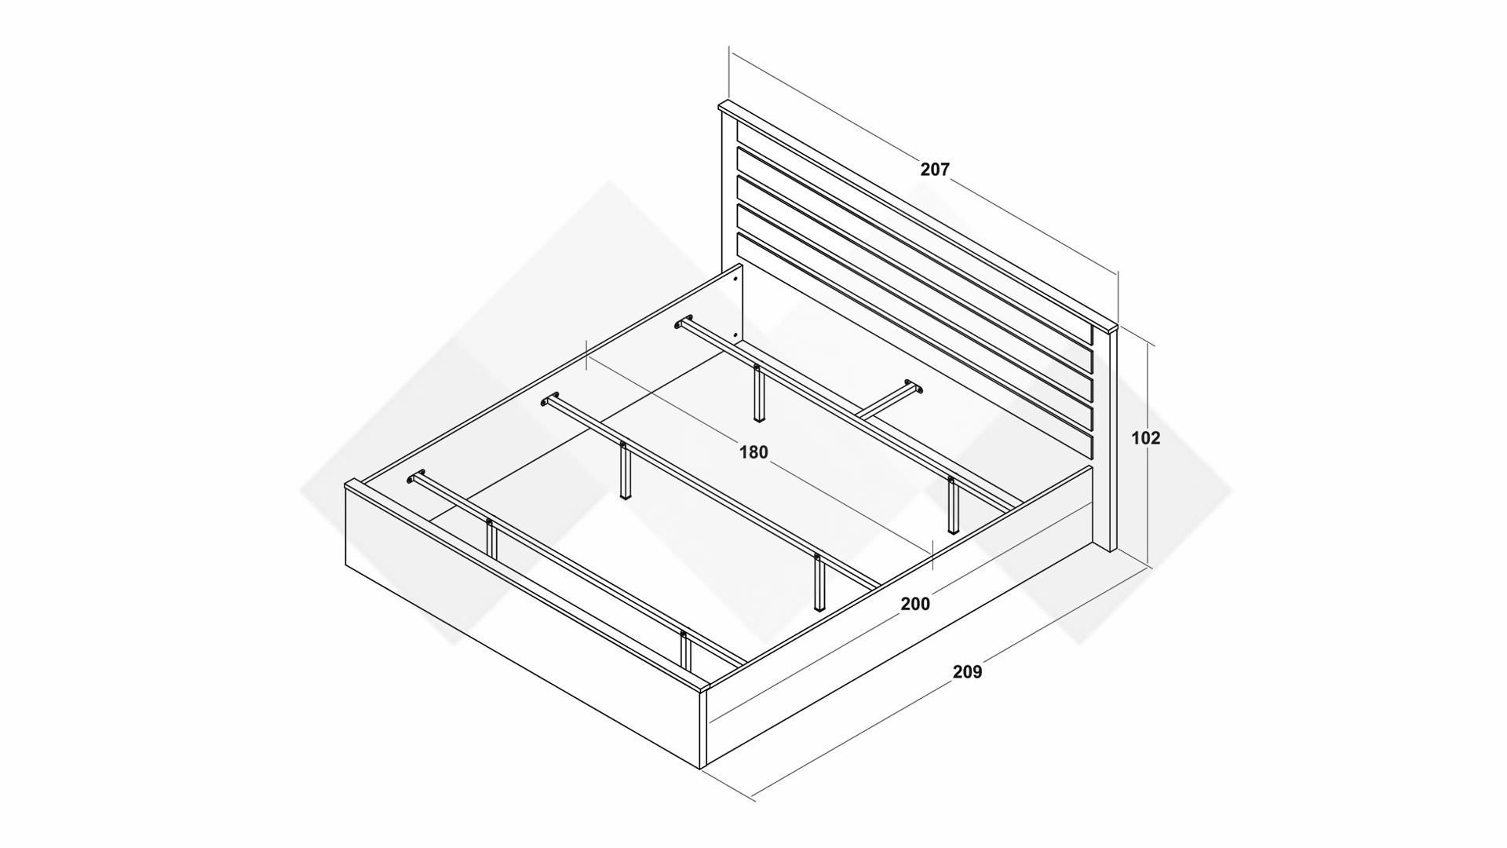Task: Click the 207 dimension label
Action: pyautogui.click(x=935, y=169)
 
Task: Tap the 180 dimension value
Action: pyautogui.click(x=753, y=452)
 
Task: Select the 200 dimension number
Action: pyautogui.click(x=915, y=604)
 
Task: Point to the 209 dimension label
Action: pyautogui.click(x=967, y=672)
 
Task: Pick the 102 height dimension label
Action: pyautogui.click(x=1145, y=438)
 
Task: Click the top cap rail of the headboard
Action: pyautogui.click(x=917, y=214)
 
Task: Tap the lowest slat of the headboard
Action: pyautogui.click(x=915, y=345)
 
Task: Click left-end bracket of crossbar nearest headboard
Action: pyautogui.click(x=684, y=321)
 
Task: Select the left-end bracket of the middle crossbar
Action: pyautogui.click(x=549, y=399)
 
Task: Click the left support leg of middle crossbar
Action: pyautogui.click(x=625, y=471)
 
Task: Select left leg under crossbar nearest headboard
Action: pyautogui.click(x=757, y=393)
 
